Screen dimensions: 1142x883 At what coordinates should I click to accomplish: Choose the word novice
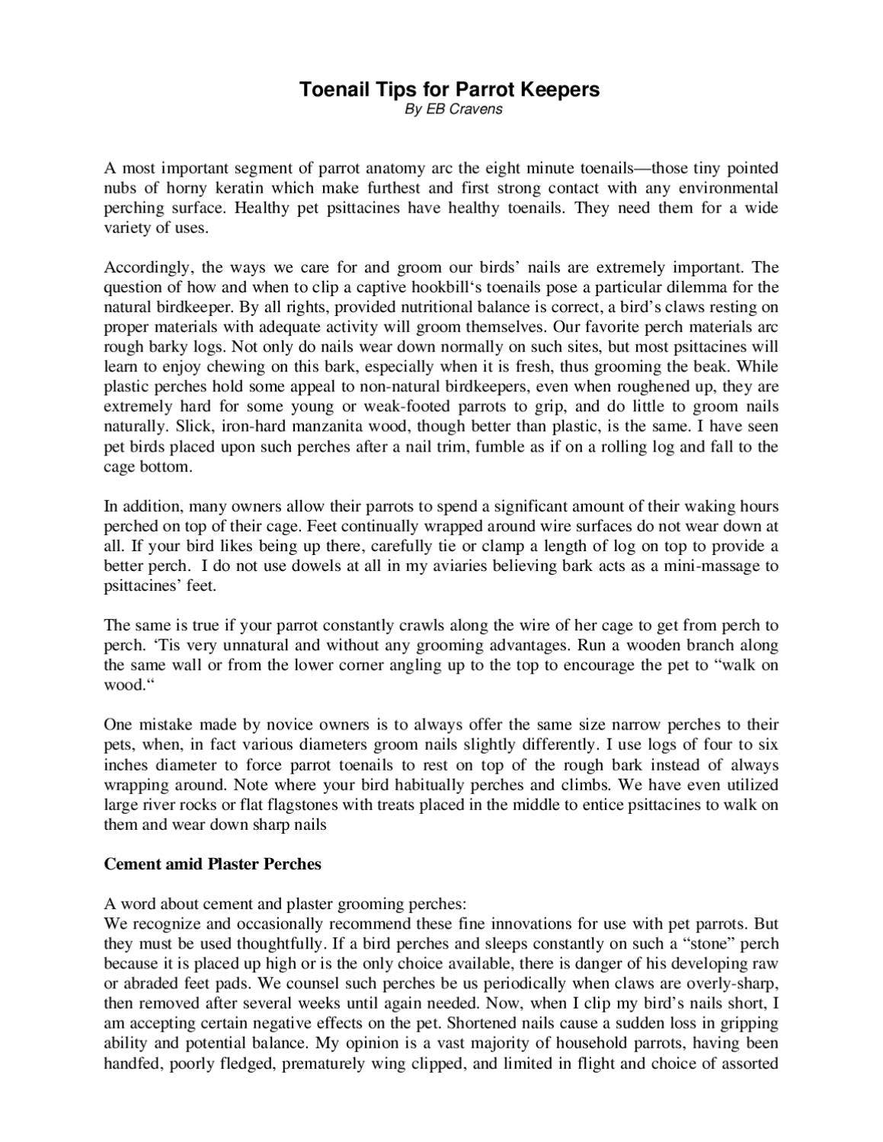point(280,725)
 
